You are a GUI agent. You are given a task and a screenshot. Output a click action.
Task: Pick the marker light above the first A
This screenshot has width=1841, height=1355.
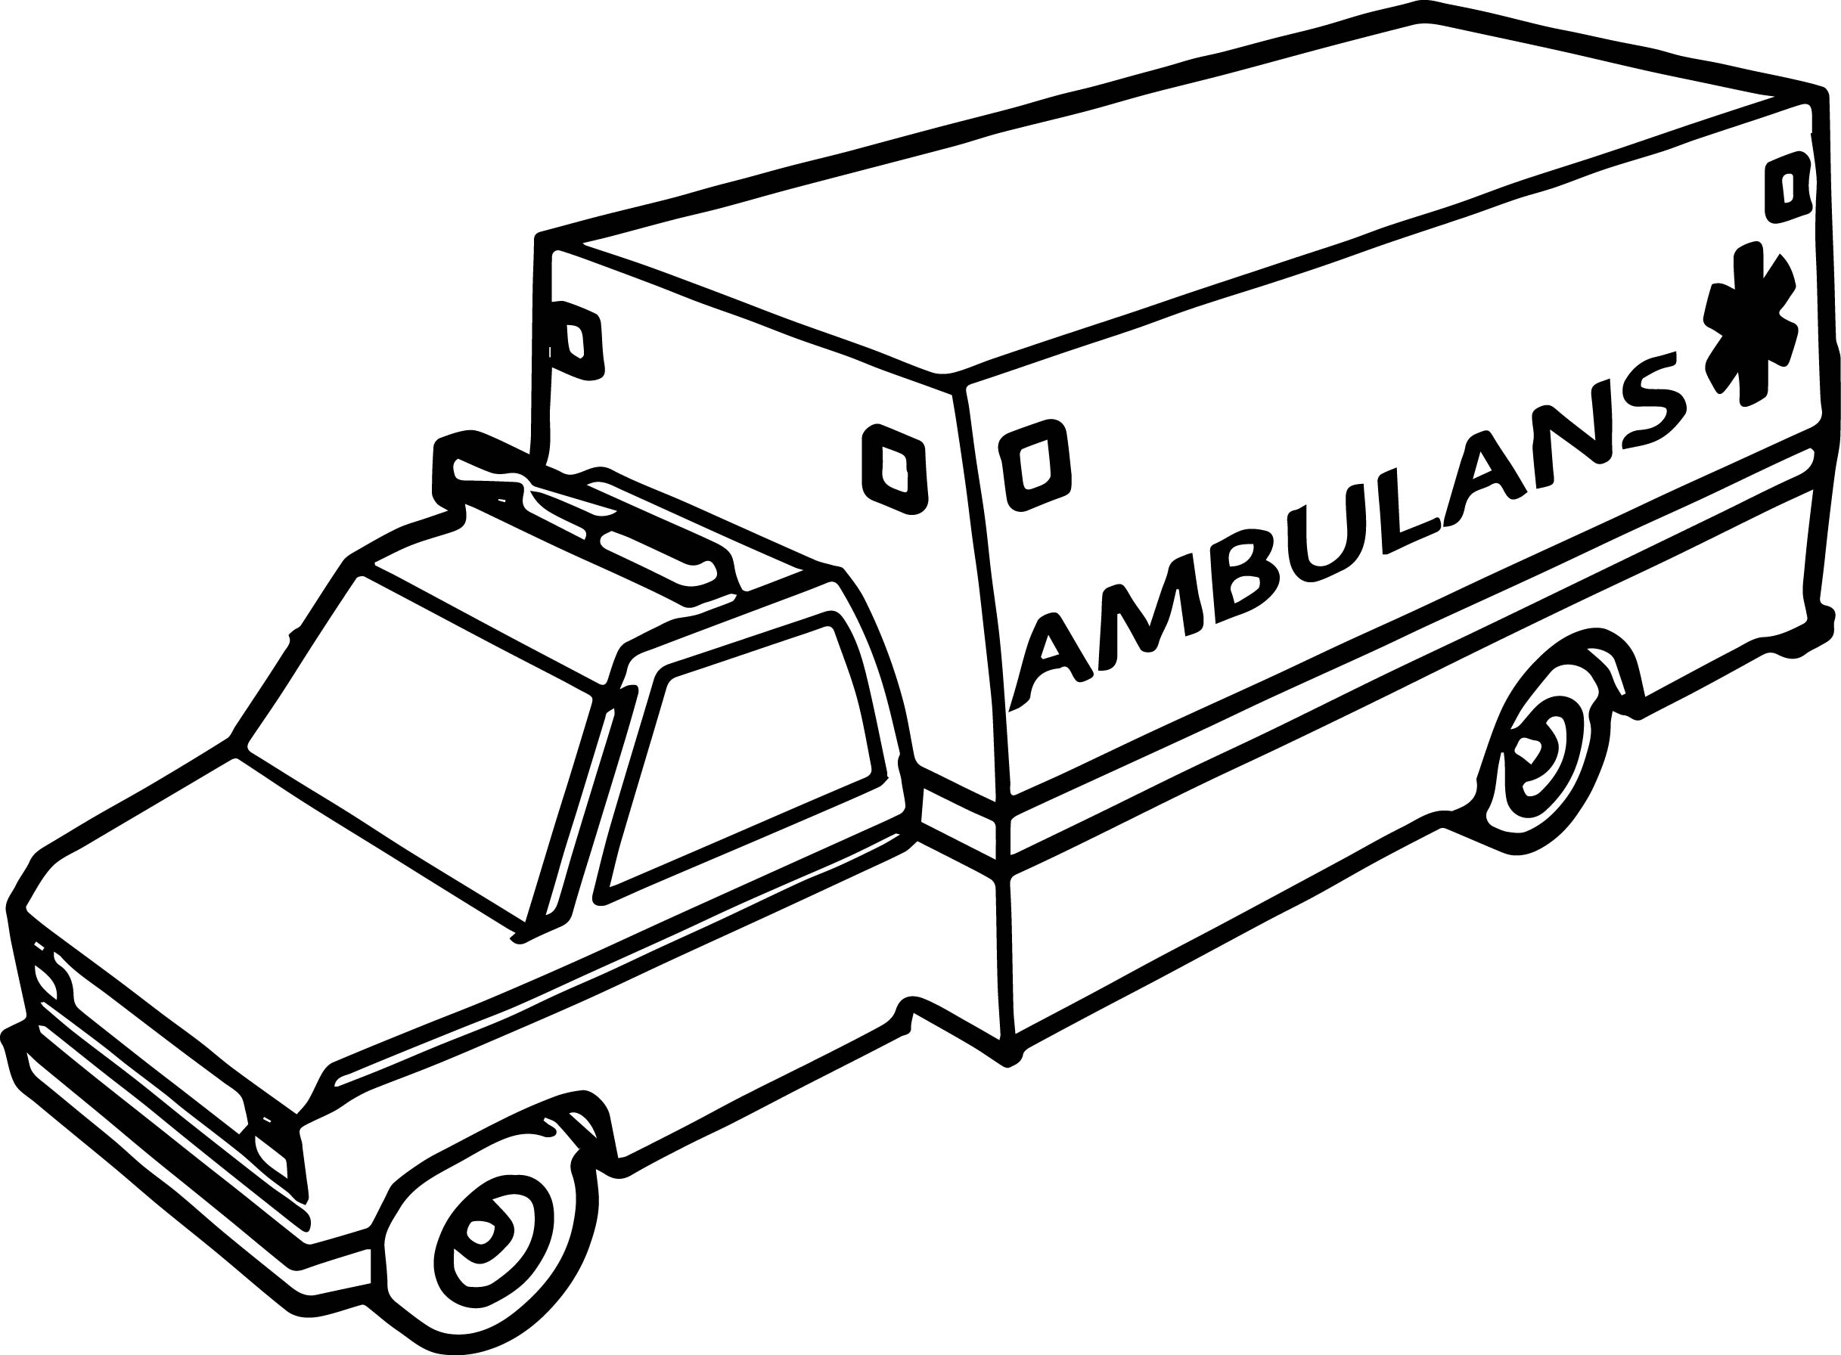point(1036,467)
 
